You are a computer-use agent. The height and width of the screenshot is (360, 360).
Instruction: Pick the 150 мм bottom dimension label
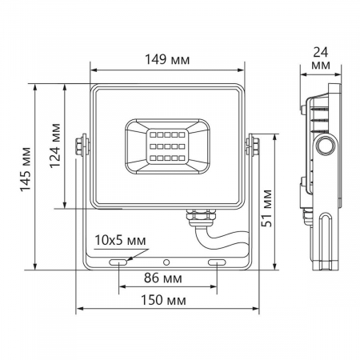point(168,300)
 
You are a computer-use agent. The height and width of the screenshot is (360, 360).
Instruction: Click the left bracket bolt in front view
point(81,144)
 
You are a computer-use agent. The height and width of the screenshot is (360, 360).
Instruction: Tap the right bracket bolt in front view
point(254,144)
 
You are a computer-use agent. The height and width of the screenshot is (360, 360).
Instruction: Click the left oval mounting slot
point(118,262)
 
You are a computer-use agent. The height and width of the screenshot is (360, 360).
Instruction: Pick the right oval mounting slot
point(217,262)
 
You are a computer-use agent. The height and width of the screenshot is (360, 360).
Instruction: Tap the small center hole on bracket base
point(167,262)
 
